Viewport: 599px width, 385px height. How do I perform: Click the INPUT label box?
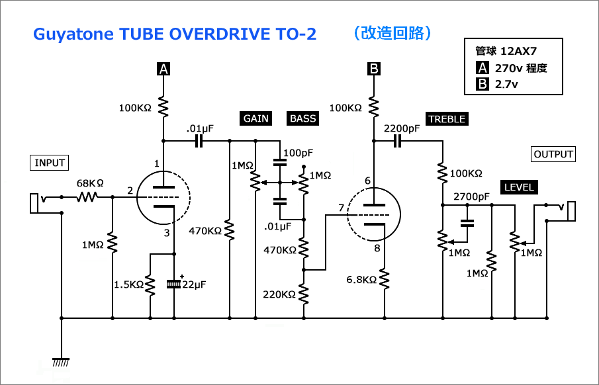point(50,163)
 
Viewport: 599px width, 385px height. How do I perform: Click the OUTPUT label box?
point(553,154)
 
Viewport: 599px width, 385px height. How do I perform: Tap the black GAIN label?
point(255,118)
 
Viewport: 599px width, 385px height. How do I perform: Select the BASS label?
point(303,118)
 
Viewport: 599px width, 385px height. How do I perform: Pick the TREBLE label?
point(447,119)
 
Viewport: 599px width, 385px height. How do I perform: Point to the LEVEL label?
point(518,187)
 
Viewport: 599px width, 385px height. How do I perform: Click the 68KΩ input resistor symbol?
point(87,197)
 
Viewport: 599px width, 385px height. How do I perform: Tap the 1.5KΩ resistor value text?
point(128,284)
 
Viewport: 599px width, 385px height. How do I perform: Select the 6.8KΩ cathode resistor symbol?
point(384,279)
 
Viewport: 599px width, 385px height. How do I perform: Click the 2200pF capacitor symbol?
point(398,140)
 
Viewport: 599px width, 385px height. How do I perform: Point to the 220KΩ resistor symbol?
point(304,293)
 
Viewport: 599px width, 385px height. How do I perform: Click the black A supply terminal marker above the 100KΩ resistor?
point(163,68)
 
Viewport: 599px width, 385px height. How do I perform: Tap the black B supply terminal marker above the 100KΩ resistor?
point(373,68)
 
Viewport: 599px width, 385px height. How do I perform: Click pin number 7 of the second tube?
point(340,208)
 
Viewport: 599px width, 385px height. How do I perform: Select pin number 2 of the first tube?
point(130,191)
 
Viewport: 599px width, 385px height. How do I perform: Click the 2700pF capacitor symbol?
point(467,222)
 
